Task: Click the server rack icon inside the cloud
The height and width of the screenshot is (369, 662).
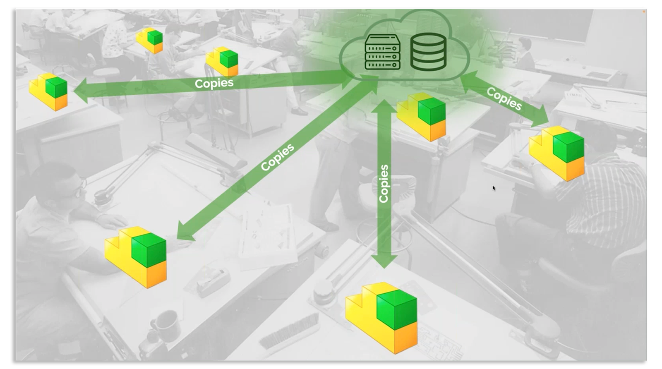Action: pos(383,52)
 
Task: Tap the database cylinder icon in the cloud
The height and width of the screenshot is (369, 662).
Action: pos(428,52)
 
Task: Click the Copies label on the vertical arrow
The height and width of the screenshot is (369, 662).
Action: pos(384,184)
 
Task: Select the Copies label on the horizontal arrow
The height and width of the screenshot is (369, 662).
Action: pos(214,83)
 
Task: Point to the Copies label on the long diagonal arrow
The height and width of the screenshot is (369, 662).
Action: pos(278,157)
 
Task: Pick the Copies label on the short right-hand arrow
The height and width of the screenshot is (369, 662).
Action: pos(504,99)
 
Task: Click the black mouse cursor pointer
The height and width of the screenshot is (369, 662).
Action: pos(494,188)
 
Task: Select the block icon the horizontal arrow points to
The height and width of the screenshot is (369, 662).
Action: pos(49,91)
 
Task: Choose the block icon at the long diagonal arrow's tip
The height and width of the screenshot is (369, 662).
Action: pos(136,256)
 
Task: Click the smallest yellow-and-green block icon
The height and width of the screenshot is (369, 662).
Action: pos(150,41)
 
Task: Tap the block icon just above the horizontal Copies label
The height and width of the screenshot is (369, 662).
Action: pos(223,61)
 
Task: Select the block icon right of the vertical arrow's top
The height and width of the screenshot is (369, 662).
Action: pos(422,116)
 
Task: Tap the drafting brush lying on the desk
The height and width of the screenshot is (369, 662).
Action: pos(290,331)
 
